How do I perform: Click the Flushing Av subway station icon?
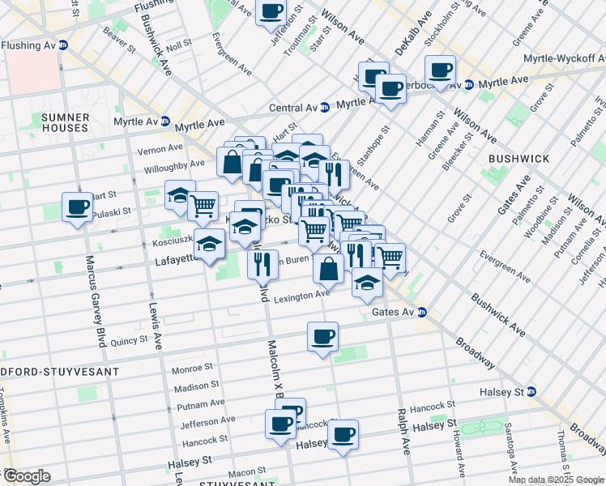click(62, 45)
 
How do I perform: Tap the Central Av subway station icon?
click(325, 107)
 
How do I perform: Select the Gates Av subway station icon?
click(422, 312)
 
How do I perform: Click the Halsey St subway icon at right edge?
click(531, 392)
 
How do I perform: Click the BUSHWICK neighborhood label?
click(520, 159)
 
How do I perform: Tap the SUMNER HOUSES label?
click(53, 122)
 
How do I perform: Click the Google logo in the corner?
click(26, 476)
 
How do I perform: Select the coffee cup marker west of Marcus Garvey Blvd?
click(78, 207)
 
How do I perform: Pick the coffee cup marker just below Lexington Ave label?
click(322, 336)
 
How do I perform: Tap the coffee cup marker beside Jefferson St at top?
click(271, 11)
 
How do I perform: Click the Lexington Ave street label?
click(301, 297)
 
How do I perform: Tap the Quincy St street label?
click(129, 341)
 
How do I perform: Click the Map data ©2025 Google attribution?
click(556, 480)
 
